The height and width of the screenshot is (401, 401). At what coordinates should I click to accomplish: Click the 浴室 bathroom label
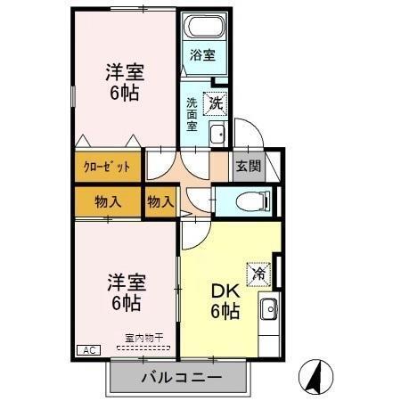(x=202, y=55)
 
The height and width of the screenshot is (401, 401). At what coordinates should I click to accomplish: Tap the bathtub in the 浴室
(x=203, y=28)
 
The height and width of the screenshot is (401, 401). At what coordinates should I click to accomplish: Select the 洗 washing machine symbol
(x=214, y=103)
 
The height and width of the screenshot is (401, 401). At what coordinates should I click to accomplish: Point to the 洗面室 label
(x=192, y=115)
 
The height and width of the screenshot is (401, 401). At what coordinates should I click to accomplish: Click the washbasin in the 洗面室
(x=217, y=135)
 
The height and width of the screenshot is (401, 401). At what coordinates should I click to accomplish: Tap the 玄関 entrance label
(x=248, y=165)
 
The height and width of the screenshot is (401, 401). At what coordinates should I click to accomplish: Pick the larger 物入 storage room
(x=108, y=201)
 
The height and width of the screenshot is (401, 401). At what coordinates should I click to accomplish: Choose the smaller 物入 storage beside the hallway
(x=160, y=202)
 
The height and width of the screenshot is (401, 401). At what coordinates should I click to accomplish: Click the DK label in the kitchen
(x=224, y=291)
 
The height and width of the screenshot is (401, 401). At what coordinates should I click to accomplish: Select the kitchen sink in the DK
(x=267, y=311)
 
